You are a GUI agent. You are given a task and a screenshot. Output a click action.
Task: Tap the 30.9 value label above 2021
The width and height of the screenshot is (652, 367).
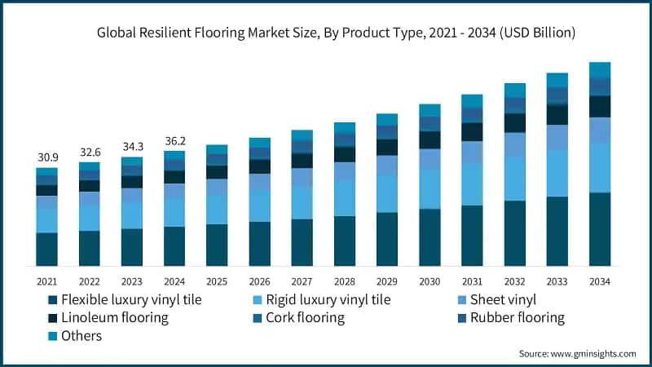click(46, 156)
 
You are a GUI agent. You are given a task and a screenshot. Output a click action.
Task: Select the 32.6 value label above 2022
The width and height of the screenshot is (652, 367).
click(89, 152)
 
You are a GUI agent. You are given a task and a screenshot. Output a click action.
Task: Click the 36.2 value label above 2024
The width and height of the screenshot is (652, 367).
click(174, 140)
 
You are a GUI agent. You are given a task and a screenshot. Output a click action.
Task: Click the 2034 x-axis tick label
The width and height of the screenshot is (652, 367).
click(600, 281)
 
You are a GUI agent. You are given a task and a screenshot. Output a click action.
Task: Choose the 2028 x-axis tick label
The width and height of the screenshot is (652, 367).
click(345, 281)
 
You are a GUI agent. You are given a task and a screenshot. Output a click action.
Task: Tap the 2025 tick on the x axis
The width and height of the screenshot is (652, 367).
click(217, 281)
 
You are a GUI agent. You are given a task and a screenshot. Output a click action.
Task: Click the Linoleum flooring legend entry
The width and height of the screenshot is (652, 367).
click(114, 317)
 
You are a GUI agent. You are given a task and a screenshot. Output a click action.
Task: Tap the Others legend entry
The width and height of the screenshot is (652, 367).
click(81, 335)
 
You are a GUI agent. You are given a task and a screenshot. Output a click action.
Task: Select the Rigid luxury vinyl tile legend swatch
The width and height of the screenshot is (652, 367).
click(258, 299)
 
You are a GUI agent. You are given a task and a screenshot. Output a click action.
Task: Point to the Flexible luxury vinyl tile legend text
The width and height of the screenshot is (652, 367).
click(131, 299)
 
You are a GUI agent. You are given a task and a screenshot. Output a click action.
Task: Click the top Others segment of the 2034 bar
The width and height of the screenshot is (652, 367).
click(600, 69)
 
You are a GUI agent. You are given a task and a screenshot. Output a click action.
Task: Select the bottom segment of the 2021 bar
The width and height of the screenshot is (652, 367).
click(46, 249)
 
